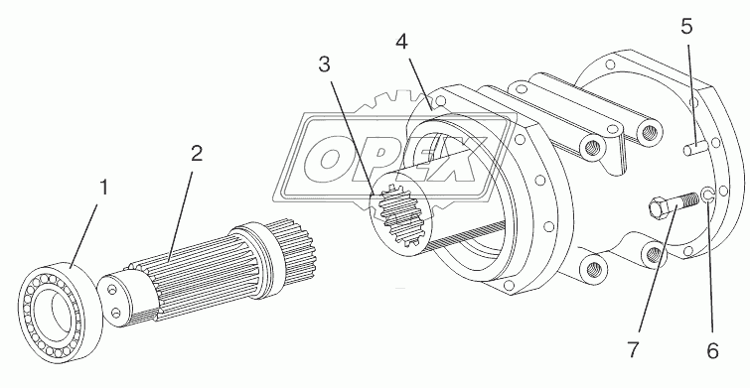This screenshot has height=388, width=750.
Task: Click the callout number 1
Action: click(x=103, y=188)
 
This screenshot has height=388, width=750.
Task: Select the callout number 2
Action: click(x=197, y=154)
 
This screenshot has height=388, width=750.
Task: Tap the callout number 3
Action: click(x=324, y=65)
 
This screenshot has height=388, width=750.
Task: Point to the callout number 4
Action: click(x=401, y=42)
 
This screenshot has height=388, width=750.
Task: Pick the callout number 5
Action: click(x=686, y=27)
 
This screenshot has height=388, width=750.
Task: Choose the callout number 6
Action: click(x=712, y=351)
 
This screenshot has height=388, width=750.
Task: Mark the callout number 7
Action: click(x=633, y=350)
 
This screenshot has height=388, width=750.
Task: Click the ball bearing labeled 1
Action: click(x=60, y=312)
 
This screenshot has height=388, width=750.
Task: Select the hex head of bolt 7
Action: click(x=659, y=209)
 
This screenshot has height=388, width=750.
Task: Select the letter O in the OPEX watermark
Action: click(x=329, y=160)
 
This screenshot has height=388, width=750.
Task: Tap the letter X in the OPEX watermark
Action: click(x=456, y=159)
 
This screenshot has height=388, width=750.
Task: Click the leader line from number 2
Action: click(x=180, y=216)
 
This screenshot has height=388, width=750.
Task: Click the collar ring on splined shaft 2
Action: click(x=256, y=260)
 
